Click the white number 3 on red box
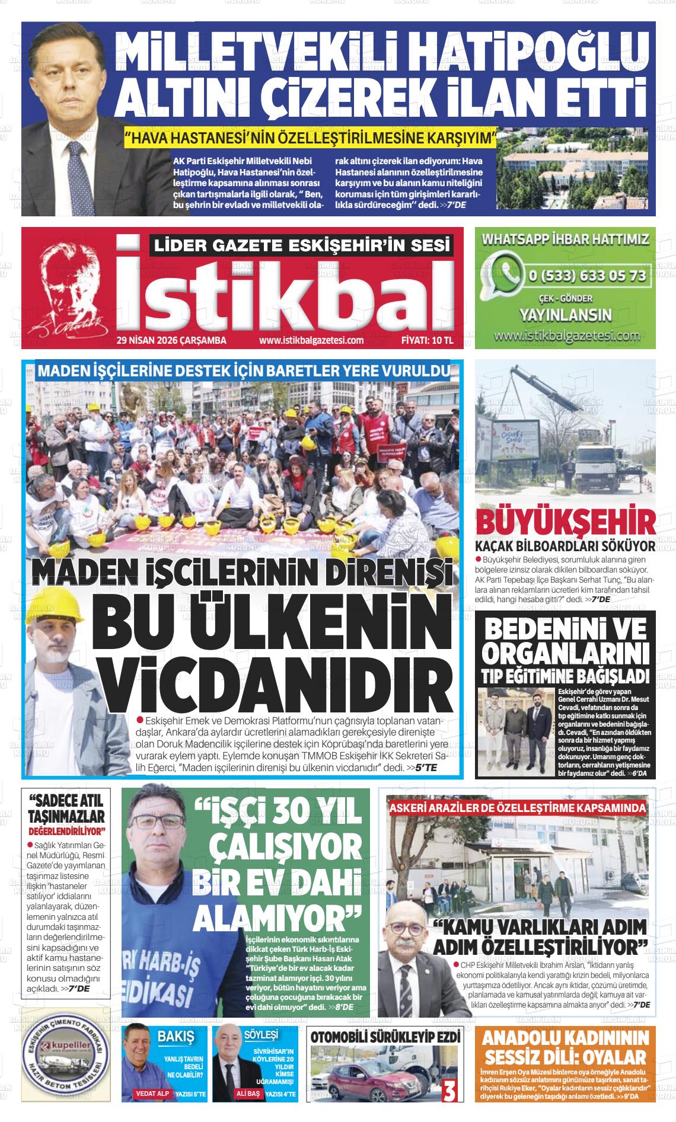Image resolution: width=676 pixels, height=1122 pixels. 449,1089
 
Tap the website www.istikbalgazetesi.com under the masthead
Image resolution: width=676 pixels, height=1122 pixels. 311,340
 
